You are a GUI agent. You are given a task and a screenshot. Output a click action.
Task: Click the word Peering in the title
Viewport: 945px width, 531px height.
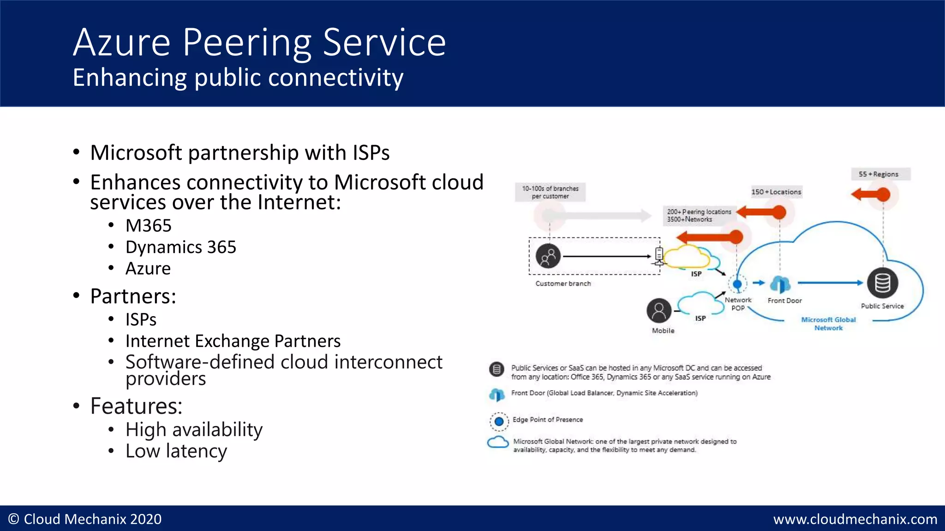pos(247,43)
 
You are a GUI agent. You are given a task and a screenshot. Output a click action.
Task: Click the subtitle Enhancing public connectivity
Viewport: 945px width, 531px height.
pos(238,77)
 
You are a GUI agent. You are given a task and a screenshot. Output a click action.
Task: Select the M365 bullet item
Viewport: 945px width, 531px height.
pos(148,226)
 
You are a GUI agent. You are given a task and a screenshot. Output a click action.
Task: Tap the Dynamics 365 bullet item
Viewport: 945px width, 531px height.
pos(180,248)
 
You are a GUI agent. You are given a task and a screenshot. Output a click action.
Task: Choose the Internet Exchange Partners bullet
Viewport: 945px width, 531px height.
pos(233,341)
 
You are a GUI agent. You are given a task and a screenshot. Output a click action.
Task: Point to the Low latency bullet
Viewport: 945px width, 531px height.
pos(176,451)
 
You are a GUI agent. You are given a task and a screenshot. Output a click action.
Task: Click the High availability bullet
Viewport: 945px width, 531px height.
pos(194,430)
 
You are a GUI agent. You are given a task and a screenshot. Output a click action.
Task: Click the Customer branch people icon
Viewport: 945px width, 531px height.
pos(548,256)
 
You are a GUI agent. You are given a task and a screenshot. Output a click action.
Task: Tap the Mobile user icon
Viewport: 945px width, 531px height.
pos(659,311)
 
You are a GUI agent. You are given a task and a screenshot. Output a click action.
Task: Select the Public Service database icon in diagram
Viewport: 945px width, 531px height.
pos(882,283)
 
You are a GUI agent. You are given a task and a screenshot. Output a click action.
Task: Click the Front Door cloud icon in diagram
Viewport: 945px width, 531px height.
pos(780,284)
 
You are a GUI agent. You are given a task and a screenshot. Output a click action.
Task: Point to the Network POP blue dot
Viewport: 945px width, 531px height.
pos(737,284)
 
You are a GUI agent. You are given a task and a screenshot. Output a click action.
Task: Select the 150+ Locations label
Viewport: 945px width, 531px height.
pos(776,192)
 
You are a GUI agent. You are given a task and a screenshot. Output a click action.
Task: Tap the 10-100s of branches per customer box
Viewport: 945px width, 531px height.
pos(550,192)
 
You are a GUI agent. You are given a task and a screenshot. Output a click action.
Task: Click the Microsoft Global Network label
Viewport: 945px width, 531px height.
pos(828,324)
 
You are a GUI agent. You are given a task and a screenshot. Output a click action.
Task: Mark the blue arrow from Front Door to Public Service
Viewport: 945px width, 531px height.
pos(830,283)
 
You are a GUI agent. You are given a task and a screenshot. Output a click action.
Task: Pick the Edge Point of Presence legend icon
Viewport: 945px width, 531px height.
pos(499,421)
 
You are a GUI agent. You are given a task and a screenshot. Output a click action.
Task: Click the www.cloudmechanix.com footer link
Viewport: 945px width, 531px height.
pos(855,519)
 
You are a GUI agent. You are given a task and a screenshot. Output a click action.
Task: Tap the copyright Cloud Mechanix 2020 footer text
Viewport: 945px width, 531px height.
pos(85,519)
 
